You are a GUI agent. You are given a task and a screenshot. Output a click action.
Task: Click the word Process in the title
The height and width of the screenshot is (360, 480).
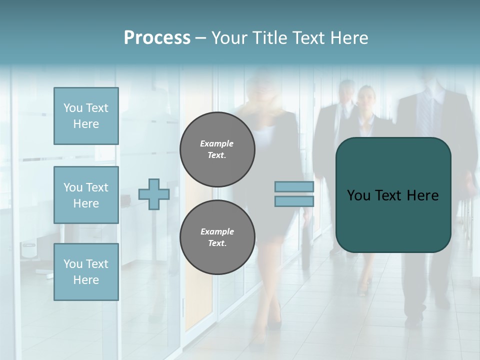click(x=157, y=38)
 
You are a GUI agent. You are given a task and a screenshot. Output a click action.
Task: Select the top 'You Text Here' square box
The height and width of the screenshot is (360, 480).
click(x=86, y=116)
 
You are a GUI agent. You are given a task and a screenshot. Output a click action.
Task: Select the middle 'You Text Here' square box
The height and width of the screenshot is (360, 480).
click(x=86, y=195)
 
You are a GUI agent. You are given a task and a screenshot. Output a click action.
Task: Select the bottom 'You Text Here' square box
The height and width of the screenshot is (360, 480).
click(x=86, y=272)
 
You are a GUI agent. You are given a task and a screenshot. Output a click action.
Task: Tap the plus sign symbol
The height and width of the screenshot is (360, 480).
click(x=154, y=194)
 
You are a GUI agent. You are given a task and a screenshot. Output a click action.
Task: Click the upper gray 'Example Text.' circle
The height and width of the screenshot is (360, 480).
click(x=217, y=149)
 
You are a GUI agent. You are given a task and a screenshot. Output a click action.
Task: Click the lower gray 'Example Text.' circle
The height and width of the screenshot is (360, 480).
click(x=217, y=237)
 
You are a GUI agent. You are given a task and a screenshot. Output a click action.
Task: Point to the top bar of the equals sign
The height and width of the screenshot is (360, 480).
click(x=294, y=186)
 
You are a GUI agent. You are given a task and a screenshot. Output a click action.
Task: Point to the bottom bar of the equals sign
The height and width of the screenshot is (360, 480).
click(x=294, y=201)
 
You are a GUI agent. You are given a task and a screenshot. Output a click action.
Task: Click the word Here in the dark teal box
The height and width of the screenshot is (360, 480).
click(x=422, y=195)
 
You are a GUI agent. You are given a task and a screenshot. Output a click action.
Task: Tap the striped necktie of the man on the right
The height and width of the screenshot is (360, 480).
click(x=425, y=117)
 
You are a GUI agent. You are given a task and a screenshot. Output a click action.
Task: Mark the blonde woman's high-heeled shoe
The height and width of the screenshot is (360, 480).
click(x=273, y=320)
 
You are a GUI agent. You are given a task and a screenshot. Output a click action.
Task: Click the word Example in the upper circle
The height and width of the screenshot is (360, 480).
click(x=217, y=143)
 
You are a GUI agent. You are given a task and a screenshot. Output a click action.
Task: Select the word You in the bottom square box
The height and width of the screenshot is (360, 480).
click(x=73, y=264)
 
